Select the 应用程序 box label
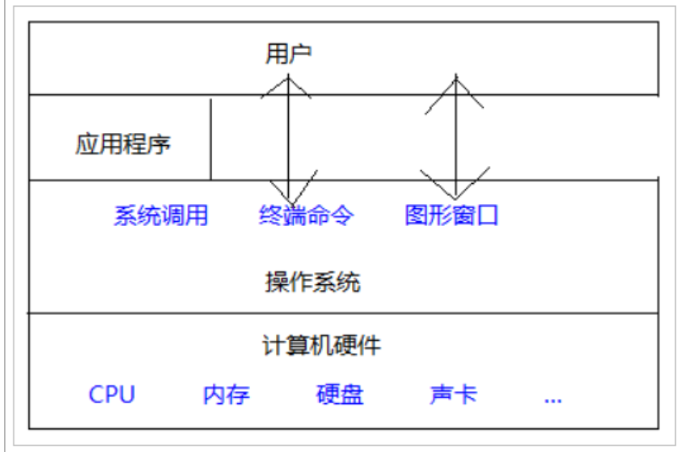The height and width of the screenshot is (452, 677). [x=123, y=144]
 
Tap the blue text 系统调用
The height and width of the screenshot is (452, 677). [x=160, y=216]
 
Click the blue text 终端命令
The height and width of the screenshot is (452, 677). [x=306, y=216]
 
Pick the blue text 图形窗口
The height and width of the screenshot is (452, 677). [x=452, y=216]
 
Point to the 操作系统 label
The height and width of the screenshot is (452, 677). [x=313, y=282]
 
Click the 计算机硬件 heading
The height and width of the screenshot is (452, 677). [x=321, y=345]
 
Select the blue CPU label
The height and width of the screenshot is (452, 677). [x=111, y=395]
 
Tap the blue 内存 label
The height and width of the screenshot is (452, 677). [x=226, y=395]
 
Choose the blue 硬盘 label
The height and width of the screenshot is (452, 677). [x=340, y=395]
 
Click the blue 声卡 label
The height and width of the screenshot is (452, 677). [x=453, y=395]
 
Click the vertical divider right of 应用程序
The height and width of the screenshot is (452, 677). [x=210, y=139]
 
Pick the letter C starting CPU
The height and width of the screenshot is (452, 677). [x=95, y=395]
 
